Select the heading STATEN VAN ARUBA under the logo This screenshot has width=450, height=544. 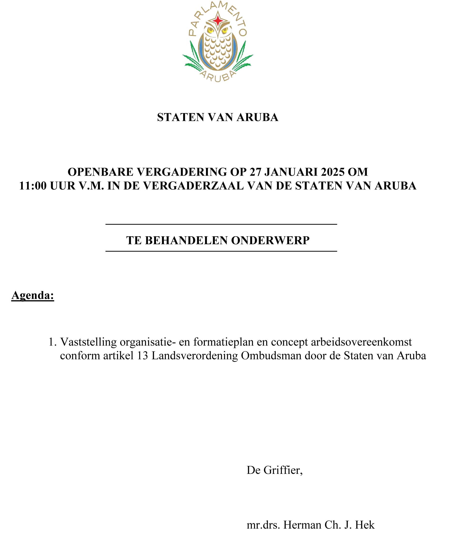[217, 117]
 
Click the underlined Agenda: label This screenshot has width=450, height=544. [33, 295]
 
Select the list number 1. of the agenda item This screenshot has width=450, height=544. [53, 342]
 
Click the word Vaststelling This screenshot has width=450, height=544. [88, 342]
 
